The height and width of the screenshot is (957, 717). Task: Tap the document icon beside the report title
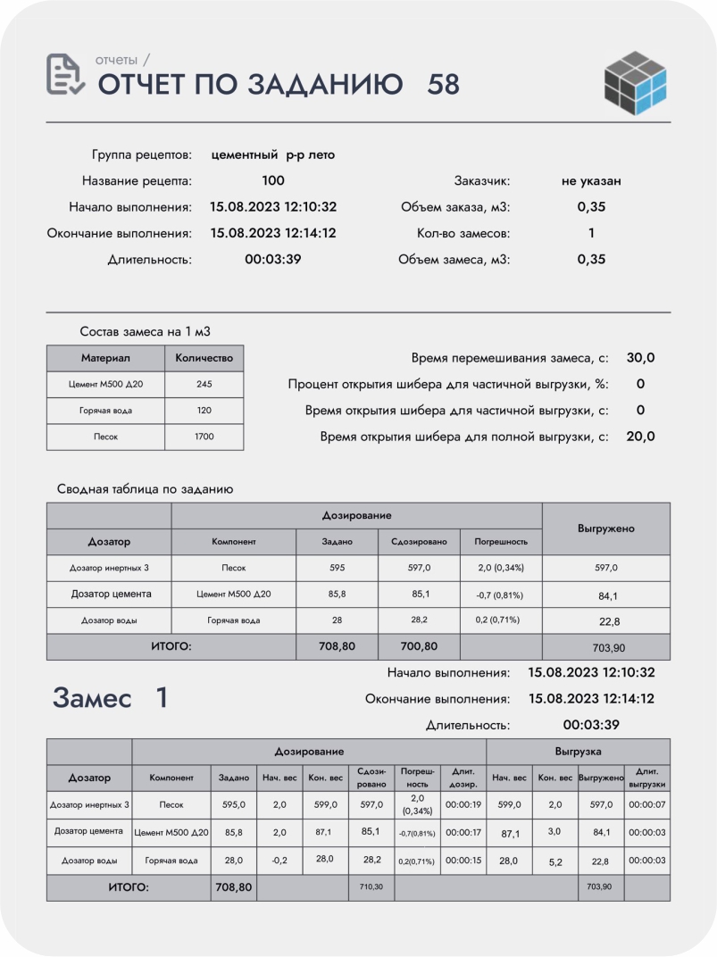click(x=65, y=75)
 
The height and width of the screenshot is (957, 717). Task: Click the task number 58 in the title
click(x=444, y=84)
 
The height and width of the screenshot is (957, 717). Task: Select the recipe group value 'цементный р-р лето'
click(x=273, y=154)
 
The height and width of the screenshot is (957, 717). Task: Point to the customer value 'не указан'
click(x=591, y=180)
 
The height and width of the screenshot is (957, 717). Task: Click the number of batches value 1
click(x=591, y=233)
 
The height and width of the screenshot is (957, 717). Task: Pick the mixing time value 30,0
click(x=640, y=358)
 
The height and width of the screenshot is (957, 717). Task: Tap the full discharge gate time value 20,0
click(x=640, y=437)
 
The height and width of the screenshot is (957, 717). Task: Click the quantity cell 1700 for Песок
click(x=204, y=437)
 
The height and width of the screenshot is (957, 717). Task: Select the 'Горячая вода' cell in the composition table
click(x=105, y=412)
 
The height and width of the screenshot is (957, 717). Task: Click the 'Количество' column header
click(x=204, y=358)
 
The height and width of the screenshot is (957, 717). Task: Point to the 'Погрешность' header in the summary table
click(x=501, y=542)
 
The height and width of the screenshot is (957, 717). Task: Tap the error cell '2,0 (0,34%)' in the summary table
click(x=501, y=568)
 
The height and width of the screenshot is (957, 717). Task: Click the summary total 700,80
click(x=419, y=646)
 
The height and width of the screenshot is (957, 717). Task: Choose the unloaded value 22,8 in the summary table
click(x=606, y=621)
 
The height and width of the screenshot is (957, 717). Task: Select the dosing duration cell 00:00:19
click(x=463, y=804)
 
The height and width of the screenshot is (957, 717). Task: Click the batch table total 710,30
click(x=371, y=888)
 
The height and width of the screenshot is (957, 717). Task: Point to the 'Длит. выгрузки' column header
click(x=646, y=778)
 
